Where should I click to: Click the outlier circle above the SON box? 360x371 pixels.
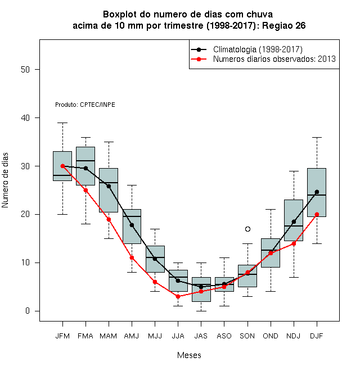[x=247, y=229]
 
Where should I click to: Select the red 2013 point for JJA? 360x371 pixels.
[x=178, y=296]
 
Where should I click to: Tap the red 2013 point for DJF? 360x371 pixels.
[x=317, y=214]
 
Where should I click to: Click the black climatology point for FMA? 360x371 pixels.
[x=85, y=168]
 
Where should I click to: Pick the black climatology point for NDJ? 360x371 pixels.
[x=294, y=221]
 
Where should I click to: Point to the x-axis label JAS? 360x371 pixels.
[x=201, y=336]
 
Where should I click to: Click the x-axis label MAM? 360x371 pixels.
[x=108, y=336]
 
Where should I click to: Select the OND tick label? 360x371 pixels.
[x=271, y=336]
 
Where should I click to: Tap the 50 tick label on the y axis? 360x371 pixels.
[x=25, y=70]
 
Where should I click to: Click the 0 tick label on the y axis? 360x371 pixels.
[x=28, y=311]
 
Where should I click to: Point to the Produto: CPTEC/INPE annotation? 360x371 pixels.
[x=85, y=105]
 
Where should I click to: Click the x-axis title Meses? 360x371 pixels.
[x=189, y=355]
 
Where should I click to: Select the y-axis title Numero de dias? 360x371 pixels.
[x=5, y=180]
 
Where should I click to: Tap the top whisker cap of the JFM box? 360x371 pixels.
[x=62, y=123]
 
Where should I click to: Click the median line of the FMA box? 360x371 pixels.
[x=85, y=161]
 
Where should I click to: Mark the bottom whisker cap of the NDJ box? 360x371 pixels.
[x=294, y=277]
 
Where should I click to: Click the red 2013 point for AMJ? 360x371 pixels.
[x=132, y=257]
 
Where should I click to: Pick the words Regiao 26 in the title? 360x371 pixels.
[x=283, y=25]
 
